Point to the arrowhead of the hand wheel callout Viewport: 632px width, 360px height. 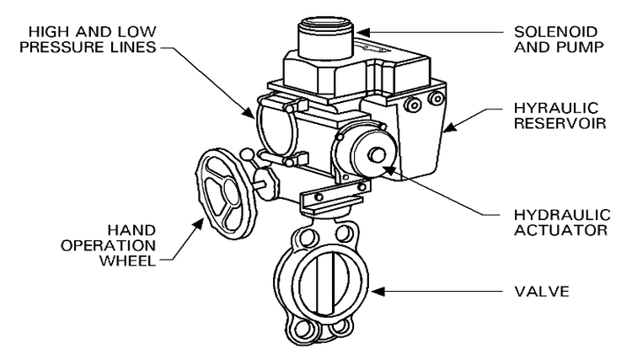click(202, 221)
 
